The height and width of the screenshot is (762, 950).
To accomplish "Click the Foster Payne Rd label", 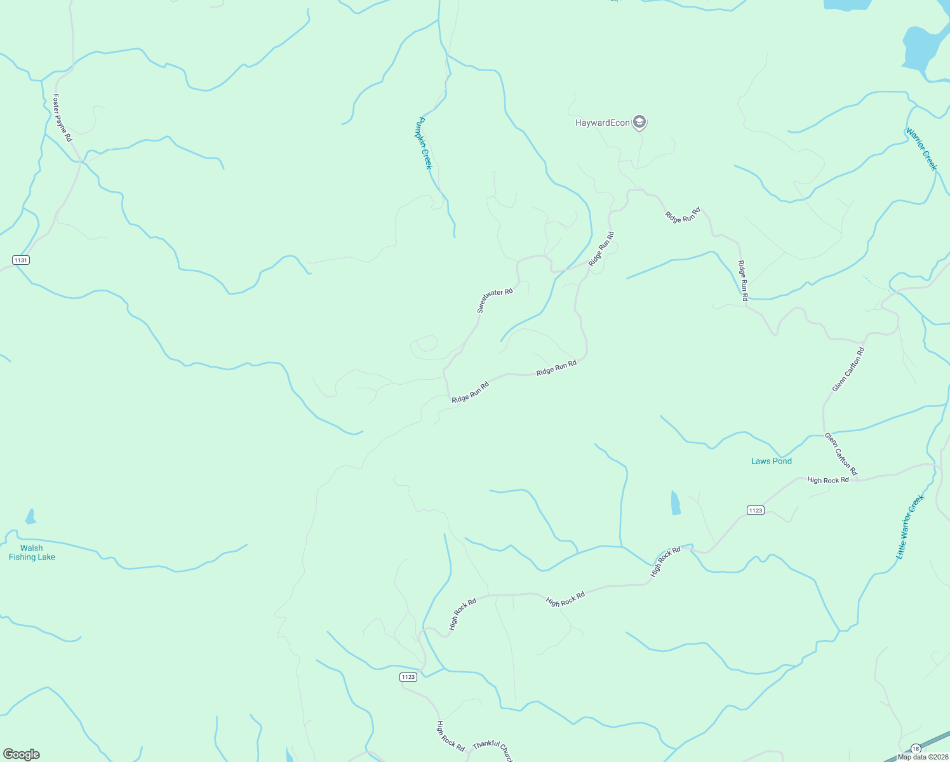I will pyautogui.click(x=62, y=118).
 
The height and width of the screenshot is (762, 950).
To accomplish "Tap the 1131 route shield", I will pyautogui.click(x=21, y=260).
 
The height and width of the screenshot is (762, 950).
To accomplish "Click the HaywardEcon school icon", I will pyautogui.click(x=639, y=122).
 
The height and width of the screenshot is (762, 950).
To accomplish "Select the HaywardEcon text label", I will pyautogui.click(x=602, y=123).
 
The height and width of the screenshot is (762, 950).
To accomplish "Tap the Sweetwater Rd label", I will pyautogui.click(x=495, y=301).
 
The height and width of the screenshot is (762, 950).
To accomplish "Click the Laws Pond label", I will pyautogui.click(x=771, y=461).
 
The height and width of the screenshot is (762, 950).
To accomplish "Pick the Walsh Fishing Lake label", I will pyautogui.click(x=32, y=552).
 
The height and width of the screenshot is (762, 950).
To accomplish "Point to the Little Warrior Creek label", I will pyautogui.click(x=909, y=527).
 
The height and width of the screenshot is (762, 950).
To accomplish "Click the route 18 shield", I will pyautogui.click(x=915, y=749).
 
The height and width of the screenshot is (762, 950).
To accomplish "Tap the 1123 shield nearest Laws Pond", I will pyautogui.click(x=755, y=511).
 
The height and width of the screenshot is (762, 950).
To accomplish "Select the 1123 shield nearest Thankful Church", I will pyautogui.click(x=408, y=677).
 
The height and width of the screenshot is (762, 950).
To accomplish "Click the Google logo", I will pyautogui.click(x=22, y=754).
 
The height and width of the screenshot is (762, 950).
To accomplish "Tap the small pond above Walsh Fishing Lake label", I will pyautogui.click(x=30, y=517).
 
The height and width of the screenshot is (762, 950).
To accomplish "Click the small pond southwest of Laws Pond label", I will pyautogui.click(x=676, y=503).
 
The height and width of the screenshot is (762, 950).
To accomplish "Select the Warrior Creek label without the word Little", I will pyautogui.click(x=921, y=149).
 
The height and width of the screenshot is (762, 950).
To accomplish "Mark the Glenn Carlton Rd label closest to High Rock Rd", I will pyautogui.click(x=841, y=453).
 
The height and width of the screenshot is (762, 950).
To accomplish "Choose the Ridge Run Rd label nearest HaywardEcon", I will pyautogui.click(x=683, y=215).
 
